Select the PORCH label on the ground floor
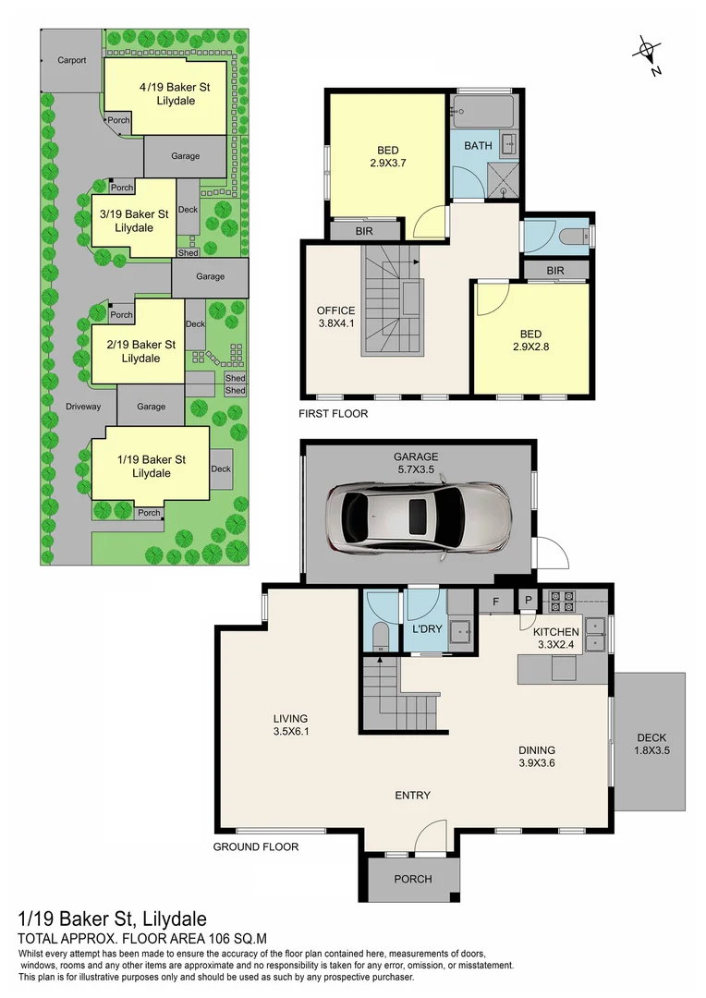point(413,879)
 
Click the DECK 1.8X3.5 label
point(651,744)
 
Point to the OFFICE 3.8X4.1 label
point(335,317)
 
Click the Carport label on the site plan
point(71,61)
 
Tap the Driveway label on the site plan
point(82,406)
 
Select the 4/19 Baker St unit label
point(167,93)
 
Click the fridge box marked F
point(495,602)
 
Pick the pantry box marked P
point(529,602)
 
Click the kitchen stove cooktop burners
point(563,602)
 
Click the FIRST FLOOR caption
point(333,414)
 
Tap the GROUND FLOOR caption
point(256,846)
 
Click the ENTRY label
point(412,796)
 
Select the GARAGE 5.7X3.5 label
point(415,463)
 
